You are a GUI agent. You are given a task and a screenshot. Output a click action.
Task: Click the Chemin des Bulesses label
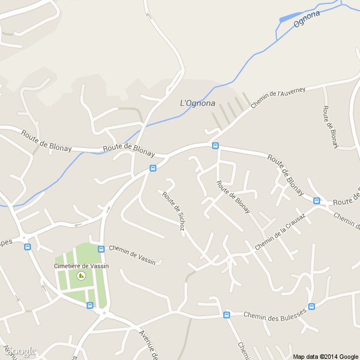(x=274, y=314)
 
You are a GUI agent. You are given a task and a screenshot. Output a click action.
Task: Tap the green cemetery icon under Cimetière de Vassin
(x=80, y=276)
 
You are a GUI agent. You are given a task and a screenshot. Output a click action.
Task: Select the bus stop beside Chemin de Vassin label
(x=101, y=249)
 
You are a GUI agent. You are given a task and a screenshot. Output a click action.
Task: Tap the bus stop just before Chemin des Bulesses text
(x=227, y=315)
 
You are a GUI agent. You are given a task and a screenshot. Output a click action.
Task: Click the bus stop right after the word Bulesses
(x=312, y=307)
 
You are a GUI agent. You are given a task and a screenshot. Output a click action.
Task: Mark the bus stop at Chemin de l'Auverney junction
(x=215, y=146)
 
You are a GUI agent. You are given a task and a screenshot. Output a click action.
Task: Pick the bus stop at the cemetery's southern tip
(x=89, y=305)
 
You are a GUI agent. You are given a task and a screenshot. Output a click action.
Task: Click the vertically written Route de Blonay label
(x=330, y=127)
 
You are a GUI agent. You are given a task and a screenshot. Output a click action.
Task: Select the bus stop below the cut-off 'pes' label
(x=27, y=246)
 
